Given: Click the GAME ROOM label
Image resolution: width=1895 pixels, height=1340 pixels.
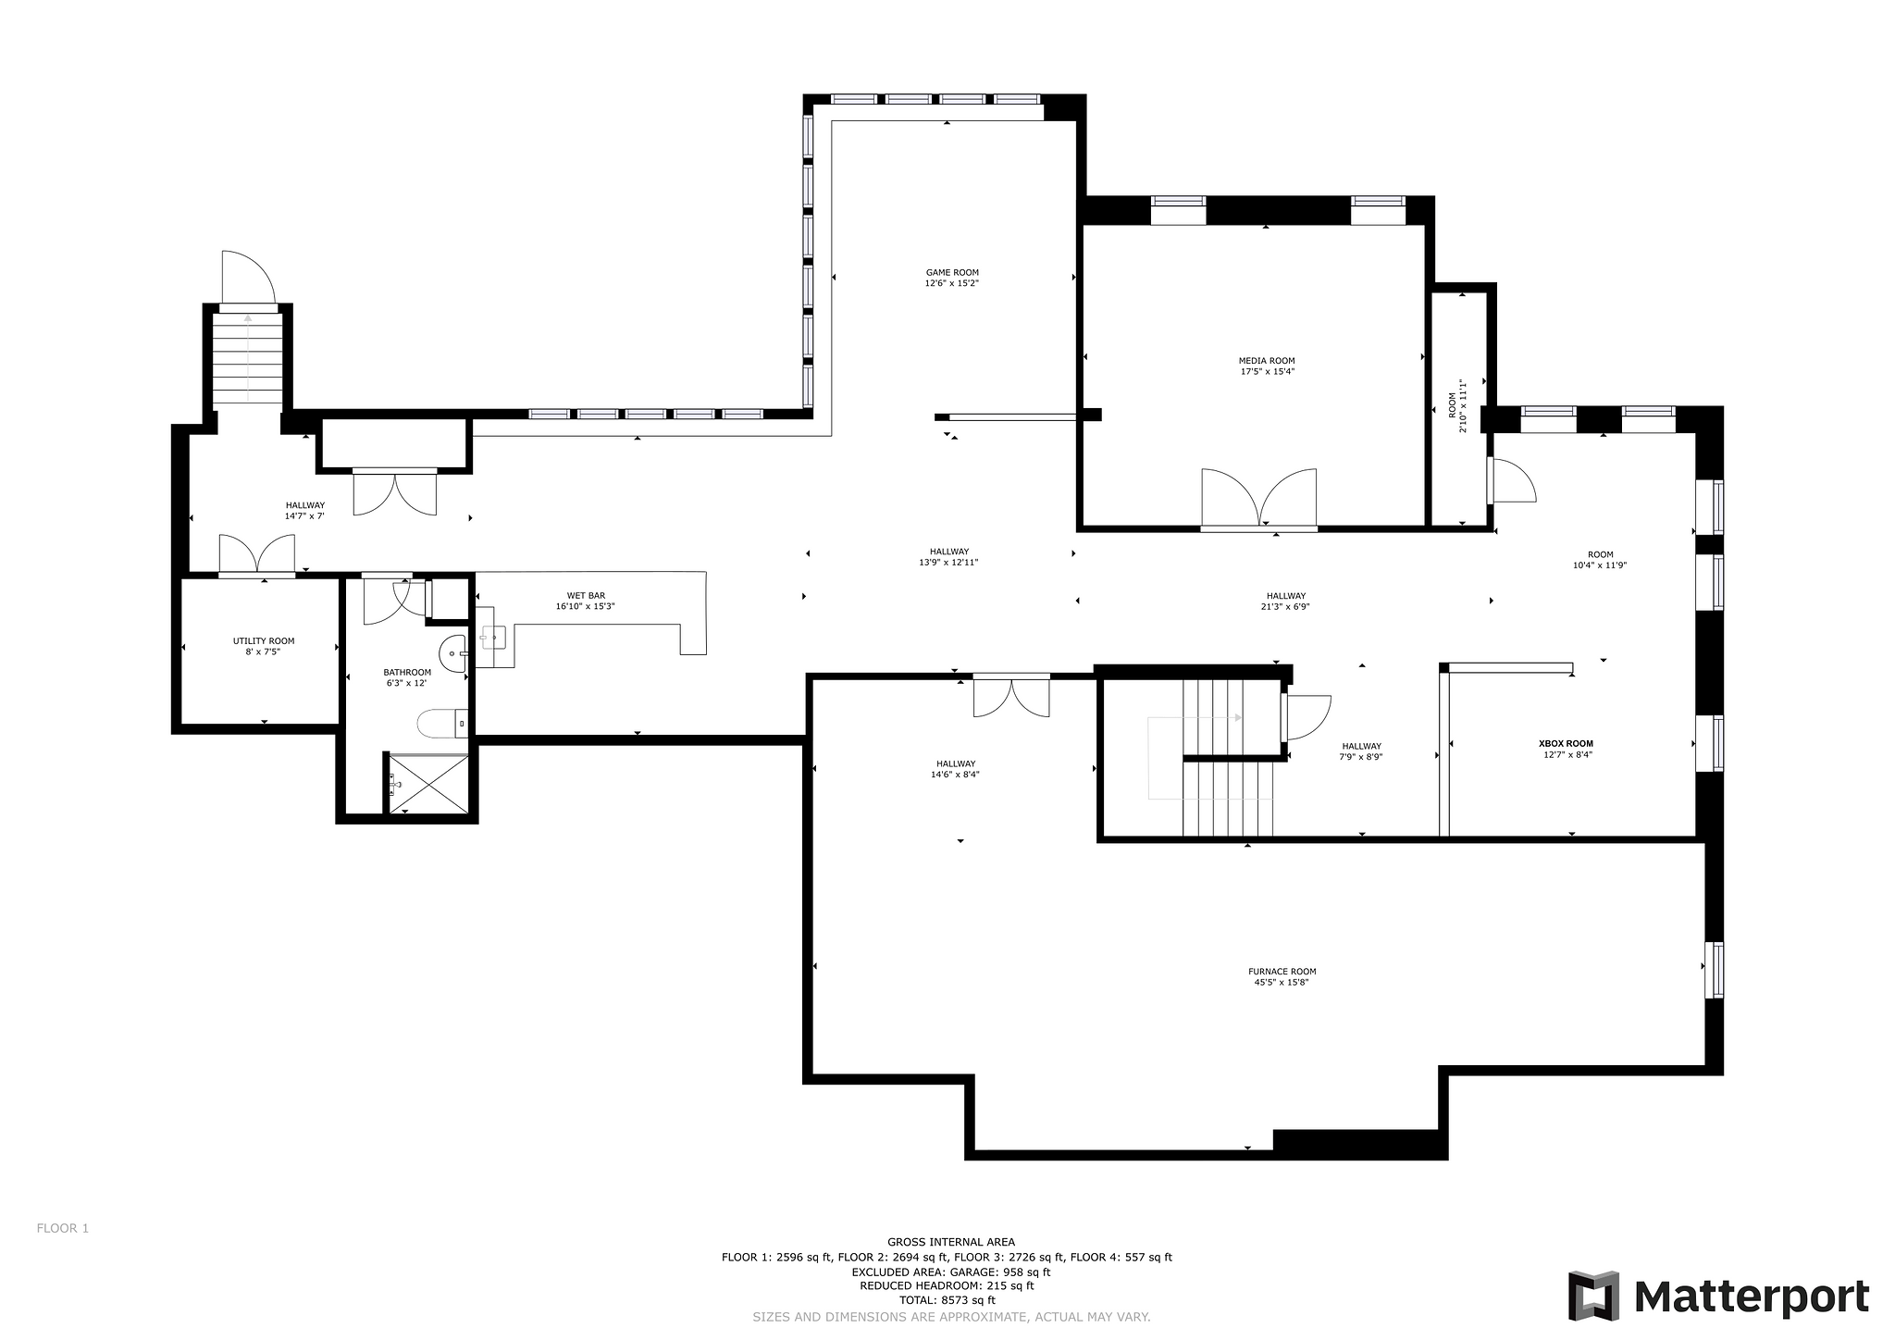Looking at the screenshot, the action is [x=952, y=273].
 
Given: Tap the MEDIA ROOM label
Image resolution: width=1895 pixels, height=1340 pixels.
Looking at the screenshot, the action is [x=1267, y=361].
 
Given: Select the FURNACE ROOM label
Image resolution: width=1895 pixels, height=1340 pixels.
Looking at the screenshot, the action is [x=1282, y=972].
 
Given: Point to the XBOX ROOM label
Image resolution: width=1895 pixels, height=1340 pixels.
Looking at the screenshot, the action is [x=1566, y=743].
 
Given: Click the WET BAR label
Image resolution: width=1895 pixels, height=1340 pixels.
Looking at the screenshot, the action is [x=586, y=596].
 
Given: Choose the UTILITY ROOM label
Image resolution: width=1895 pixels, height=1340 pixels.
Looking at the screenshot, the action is [x=264, y=640].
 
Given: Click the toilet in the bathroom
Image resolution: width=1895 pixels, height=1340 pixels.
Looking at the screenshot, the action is [x=442, y=723].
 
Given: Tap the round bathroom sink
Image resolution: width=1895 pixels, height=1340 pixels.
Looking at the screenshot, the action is [x=454, y=653].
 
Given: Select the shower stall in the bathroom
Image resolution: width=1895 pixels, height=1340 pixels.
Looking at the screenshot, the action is [x=427, y=784].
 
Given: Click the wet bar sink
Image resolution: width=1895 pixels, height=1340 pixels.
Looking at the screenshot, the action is [x=493, y=637].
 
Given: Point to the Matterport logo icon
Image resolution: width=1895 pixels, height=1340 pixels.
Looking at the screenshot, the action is [x=1593, y=1296].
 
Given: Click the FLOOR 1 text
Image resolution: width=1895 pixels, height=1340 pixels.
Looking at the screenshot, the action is [x=63, y=1228].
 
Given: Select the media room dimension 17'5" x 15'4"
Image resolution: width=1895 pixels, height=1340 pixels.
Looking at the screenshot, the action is [x=1267, y=372].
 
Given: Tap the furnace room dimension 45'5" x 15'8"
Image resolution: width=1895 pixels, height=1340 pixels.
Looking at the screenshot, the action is [x=1282, y=982].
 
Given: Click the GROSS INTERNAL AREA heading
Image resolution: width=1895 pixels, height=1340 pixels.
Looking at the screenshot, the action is [x=951, y=1242].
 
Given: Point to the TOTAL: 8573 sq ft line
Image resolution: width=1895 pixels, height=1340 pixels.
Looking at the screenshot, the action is [x=951, y=1299].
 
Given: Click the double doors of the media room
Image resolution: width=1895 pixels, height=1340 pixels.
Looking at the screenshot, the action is [x=1258, y=500].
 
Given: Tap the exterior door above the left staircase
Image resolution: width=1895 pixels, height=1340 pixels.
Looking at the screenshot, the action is [x=249, y=277].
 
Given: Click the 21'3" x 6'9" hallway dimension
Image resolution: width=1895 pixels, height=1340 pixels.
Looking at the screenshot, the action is [x=1286, y=607].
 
